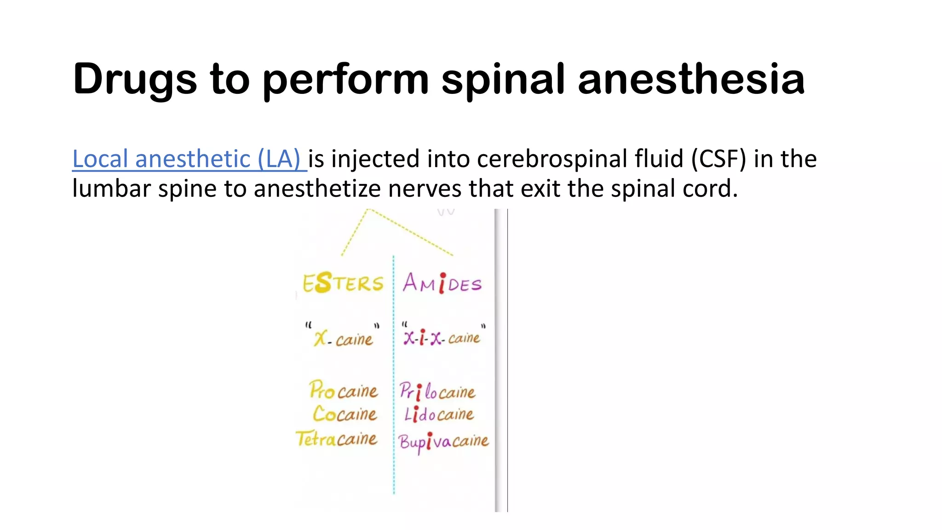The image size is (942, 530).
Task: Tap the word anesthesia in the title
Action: pyautogui.click(x=691, y=79)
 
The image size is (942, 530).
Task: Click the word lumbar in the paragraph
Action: pyautogui.click(x=111, y=189)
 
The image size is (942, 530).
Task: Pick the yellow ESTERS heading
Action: pyautogui.click(x=343, y=282)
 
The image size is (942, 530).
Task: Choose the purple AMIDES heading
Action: pyautogui.click(x=442, y=283)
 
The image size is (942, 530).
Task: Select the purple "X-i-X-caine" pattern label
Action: pyautogui.click(x=442, y=338)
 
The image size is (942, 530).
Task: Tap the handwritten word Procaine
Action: pyautogui.click(x=343, y=391)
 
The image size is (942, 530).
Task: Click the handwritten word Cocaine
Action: pyautogui.click(x=345, y=414)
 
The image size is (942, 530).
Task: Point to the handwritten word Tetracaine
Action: pyautogui.click(x=336, y=439)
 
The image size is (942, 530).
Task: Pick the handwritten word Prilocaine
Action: pyautogui.click(x=437, y=392)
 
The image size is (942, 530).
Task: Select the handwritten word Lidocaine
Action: pyautogui.click(x=439, y=415)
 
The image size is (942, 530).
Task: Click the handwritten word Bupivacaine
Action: pyautogui.click(x=443, y=442)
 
